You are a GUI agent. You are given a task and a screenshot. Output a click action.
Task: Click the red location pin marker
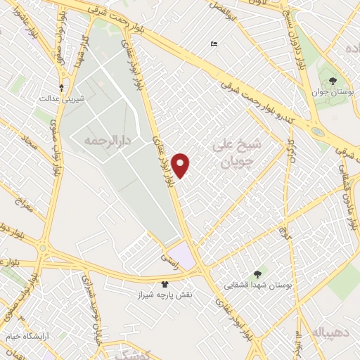[181, 165]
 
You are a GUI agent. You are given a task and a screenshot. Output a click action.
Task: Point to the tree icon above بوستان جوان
[333, 80]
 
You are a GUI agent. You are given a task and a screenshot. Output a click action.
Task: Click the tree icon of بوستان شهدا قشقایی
[257, 274]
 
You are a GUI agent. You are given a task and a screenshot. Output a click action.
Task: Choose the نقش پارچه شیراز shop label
[166, 296]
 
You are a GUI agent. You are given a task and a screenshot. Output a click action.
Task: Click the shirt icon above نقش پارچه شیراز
[165, 285]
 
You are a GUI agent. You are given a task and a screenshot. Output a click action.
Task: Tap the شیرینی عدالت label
[64, 99]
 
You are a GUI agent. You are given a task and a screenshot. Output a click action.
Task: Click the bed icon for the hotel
[214, 44]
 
